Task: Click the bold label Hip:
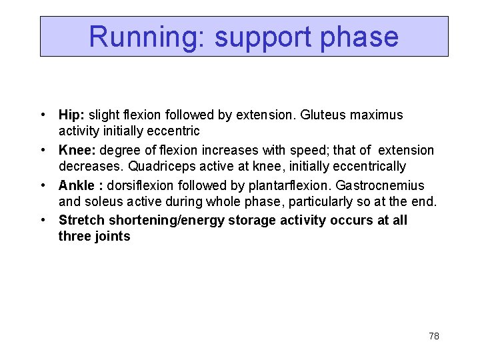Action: (72, 115)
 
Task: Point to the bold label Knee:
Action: (77, 150)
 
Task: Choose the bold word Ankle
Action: (77, 185)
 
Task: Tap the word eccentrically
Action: (366, 166)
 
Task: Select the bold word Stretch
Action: (81, 220)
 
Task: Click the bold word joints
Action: (113, 236)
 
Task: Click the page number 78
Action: (433, 336)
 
